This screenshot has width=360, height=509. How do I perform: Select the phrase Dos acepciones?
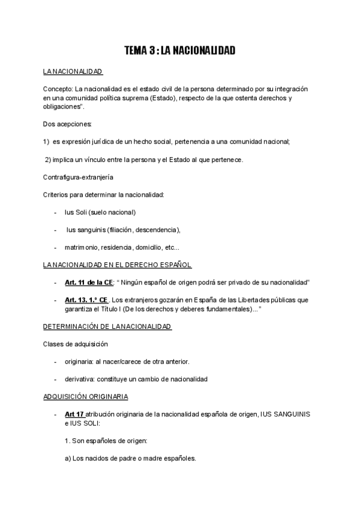[x=67, y=124]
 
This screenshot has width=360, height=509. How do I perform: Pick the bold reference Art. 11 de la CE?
[x=88, y=283]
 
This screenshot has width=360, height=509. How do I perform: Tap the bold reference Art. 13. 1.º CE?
[x=86, y=300]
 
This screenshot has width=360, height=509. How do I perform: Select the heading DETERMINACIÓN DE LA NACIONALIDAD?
[x=107, y=327]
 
